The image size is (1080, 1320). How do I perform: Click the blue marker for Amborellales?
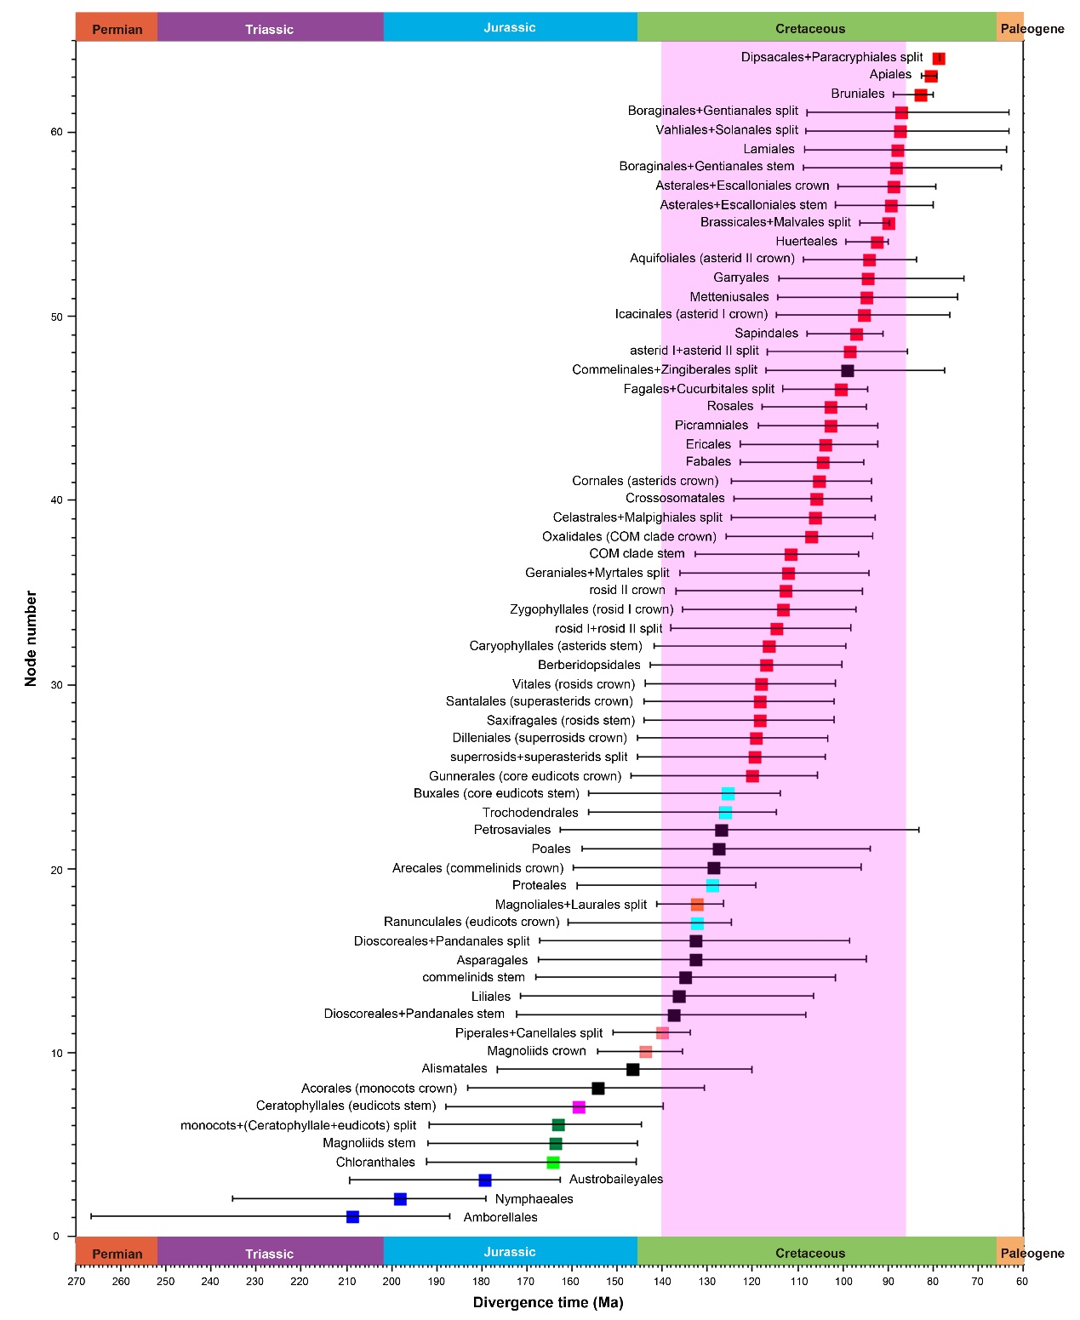click(x=352, y=1217)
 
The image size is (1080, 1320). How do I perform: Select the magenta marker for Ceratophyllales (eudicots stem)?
click(x=579, y=1107)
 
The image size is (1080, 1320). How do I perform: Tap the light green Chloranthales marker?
click(x=553, y=1163)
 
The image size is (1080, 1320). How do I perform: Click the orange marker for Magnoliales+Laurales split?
click(x=697, y=905)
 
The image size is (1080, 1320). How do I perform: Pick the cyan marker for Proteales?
click(x=712, y=886)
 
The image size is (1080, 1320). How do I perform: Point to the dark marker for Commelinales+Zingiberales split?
click(x=847, y=370)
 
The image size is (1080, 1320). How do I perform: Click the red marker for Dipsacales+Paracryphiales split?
click(x=939, y=59)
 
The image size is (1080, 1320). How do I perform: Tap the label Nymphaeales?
click(x=534, y=1199)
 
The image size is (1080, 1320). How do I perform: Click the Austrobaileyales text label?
click(x=615, y=1180)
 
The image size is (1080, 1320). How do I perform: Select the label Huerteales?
click(x=806, y=242)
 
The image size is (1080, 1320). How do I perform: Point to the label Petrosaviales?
click(x=512, y=830)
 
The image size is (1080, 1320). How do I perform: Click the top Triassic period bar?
click(x=270, y=28)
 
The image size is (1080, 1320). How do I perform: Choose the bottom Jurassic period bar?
click(x=510, y=1252)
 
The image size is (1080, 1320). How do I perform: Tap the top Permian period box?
click(x=117, y=28)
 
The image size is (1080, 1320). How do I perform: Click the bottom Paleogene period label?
click(x=1031, y=1253)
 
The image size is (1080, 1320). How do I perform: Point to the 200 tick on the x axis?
click(x=391, y=1282)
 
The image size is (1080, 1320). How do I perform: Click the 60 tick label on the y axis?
click(x=56, y=132)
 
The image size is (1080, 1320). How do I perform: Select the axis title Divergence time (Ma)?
click(x=548, y=1302)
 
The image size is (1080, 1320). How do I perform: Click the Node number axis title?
click(x=31, y=638)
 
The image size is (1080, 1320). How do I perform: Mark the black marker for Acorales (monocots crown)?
click(x=597, y=1089)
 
